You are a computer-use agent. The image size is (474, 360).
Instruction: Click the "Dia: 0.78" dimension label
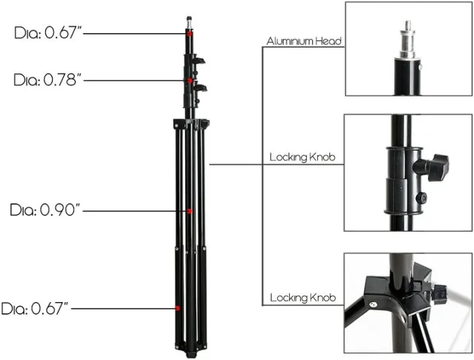pyautogui.click(x=47, y=80)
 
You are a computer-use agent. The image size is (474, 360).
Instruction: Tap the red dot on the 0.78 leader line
pyautogui.click(x=190, y=80)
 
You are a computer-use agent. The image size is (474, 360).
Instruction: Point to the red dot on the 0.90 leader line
pyautogui.click(x=190, y=211)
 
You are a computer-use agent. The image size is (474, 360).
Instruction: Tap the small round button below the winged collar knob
pyautogui.click(x=422, y=197)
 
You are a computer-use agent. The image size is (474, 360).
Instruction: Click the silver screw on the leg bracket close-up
pyautogui.click(x=373, y=303)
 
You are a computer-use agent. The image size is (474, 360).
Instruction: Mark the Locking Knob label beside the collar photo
pyautogui.click(x=303, y=159)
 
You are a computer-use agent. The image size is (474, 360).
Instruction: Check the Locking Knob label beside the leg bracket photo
pyautogui.click(x=303, y=299)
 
